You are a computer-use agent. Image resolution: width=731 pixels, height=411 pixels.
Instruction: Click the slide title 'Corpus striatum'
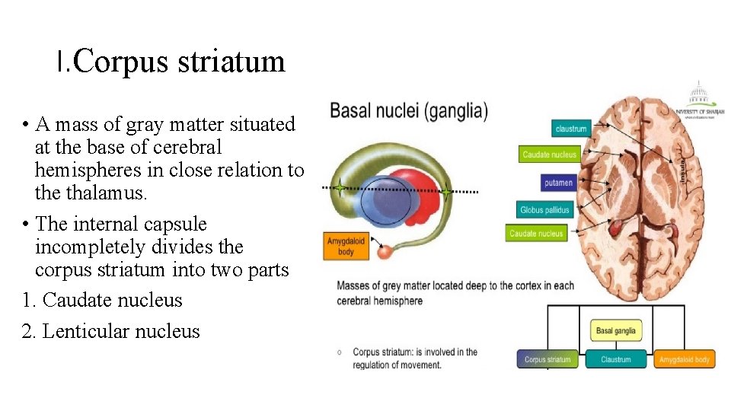(x=171, y=61)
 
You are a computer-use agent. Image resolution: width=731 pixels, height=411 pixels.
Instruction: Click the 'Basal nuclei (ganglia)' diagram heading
(x=409, y=112)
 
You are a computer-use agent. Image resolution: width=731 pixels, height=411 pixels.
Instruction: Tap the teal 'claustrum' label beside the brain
(x=570, y=129)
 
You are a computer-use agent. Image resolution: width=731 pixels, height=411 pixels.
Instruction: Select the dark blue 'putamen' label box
(x=558, y=183)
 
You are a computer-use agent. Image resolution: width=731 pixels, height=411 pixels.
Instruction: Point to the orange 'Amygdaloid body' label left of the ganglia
(x=346, y=246)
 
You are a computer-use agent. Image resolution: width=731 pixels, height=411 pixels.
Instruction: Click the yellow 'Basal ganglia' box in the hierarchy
(x=614, y=331)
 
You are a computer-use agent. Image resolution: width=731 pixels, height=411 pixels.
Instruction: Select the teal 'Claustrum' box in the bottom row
(x=615, y=359)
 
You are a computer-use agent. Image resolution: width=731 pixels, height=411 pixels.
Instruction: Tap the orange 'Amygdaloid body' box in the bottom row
(x=684, y=359)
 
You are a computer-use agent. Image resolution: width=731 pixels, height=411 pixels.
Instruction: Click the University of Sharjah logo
(x=699, y=99)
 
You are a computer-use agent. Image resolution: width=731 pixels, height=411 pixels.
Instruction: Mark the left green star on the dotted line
(x=338, y=186)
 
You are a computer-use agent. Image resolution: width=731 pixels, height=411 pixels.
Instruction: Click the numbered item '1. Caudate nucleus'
(x=103, y=300)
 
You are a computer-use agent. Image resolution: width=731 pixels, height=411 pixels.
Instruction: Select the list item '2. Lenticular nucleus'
(x=111, y=331)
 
